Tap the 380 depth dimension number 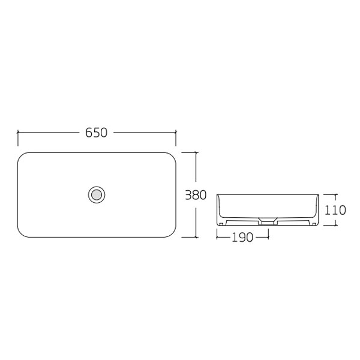(196, 195)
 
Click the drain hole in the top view (96, 194)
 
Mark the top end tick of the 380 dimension (196, 152)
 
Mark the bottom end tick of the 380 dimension (196, 236)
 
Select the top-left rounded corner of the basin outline (22, 157)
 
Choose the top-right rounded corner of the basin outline (170, 157)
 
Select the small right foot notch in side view (313, 223)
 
